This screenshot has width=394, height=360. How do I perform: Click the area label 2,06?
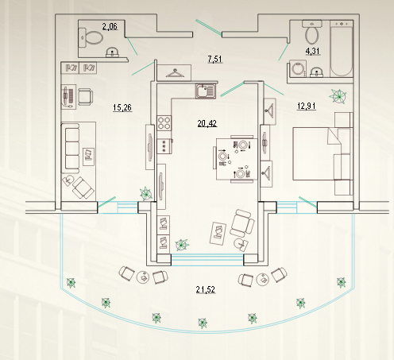coord(110,26)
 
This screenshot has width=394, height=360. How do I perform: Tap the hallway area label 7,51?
coord(214,59)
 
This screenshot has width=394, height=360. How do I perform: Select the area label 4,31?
coord(313,51)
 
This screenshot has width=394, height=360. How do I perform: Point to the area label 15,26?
coord(122,107)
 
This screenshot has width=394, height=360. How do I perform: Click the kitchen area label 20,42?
coord(207,123)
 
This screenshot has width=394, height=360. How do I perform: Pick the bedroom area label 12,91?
coord(307,106)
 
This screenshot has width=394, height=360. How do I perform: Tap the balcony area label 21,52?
coord(206,289)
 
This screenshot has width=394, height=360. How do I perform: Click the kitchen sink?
coord(206,91)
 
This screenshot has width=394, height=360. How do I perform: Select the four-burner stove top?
coord(164,123)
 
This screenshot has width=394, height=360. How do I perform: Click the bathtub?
coord(342,49)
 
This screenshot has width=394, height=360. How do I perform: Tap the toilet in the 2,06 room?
coord(91,38)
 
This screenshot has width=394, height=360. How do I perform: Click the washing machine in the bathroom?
coord(298,68)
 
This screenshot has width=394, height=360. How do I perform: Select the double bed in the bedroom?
coord(323,153)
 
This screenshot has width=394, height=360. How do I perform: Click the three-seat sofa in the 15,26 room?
coord(71,149)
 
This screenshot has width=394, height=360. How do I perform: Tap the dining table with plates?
coord(237,159)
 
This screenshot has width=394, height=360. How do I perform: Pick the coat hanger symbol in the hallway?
coord(175,73)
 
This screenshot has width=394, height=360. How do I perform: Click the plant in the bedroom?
coord(338,96)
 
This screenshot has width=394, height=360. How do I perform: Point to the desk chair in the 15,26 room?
coord(86,97)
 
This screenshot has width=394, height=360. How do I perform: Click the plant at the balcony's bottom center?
coord(203,323)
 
